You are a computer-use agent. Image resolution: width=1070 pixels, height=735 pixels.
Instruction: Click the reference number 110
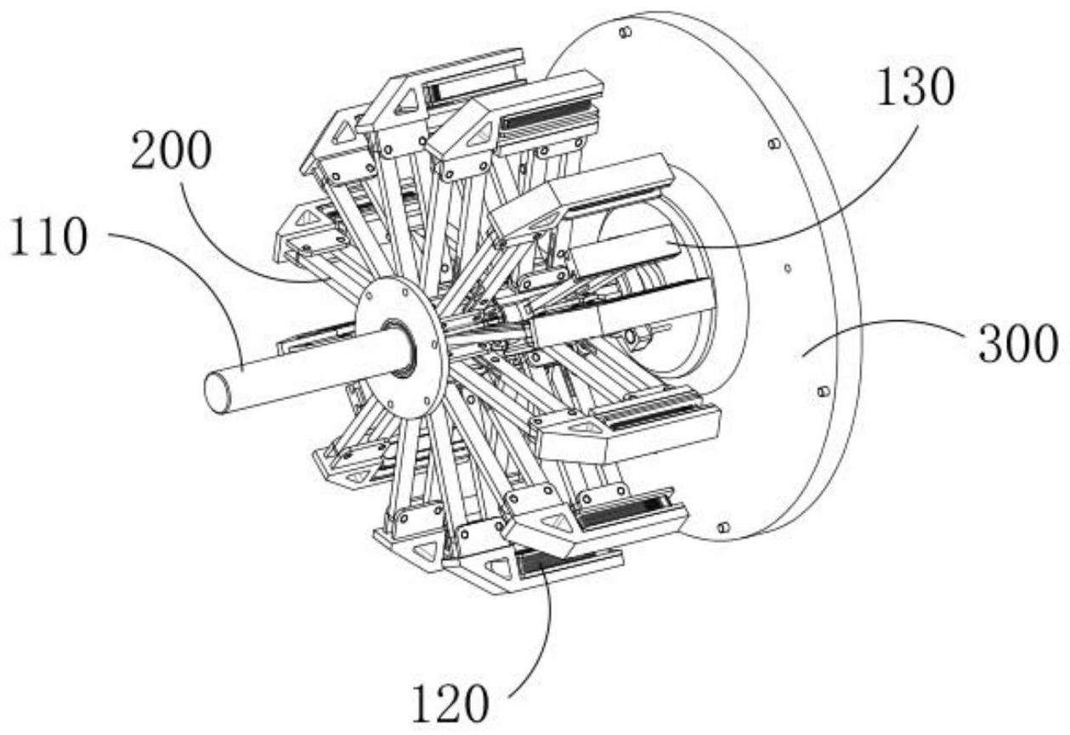click(x=48, y=237)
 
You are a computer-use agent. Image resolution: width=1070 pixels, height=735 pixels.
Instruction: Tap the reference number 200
click(x=171, y=150)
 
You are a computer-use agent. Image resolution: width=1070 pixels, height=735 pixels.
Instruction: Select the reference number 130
click(x=915, y=87)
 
